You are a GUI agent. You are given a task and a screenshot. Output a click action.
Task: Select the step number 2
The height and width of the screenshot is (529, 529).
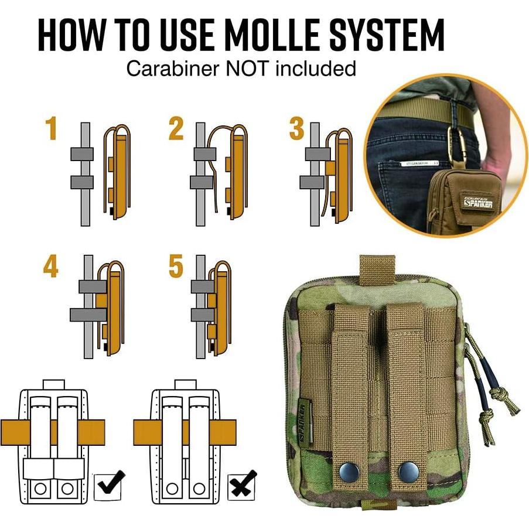coord(176,129)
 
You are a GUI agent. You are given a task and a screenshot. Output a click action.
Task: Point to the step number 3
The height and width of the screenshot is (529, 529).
coord(296,129)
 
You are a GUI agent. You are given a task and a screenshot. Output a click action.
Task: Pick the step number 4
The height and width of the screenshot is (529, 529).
coord(51,267)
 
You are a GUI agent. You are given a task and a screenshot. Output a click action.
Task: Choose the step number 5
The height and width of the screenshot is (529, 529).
coord(176,267)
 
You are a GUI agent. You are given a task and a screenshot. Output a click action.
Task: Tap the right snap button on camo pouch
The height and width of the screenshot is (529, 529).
coord(405,469)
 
